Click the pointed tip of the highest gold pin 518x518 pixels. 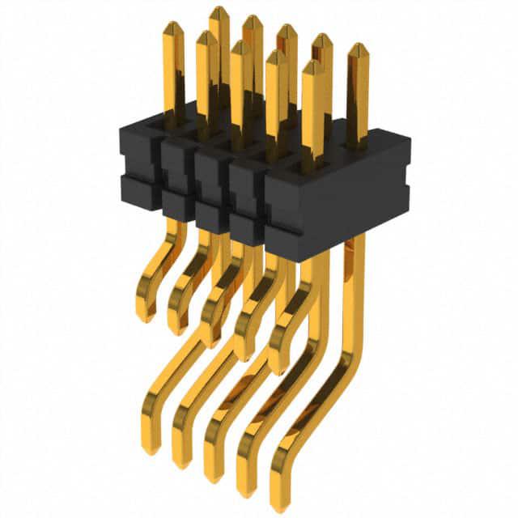tap(219, 11)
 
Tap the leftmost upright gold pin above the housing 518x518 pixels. tap(173, 73)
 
